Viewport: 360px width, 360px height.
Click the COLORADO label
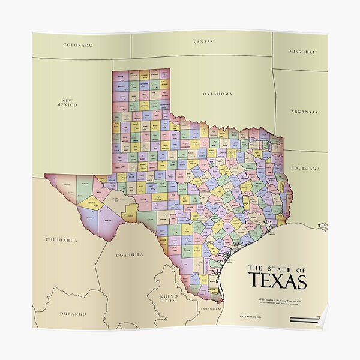coord(78,45)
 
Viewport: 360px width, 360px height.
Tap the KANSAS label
coord(203,42)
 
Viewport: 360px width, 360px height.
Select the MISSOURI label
coord(301,52)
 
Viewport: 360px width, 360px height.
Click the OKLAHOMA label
coord(217,94)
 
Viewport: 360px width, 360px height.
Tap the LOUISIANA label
coord(305,169)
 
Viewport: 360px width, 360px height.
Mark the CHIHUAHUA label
coord(61,240)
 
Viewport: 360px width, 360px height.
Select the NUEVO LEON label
coord(169,299)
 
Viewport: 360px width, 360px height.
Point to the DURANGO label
coord(73,314)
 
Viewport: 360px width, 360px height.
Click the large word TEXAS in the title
coord(277,281)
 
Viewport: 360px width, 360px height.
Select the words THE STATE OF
coord(277,268)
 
